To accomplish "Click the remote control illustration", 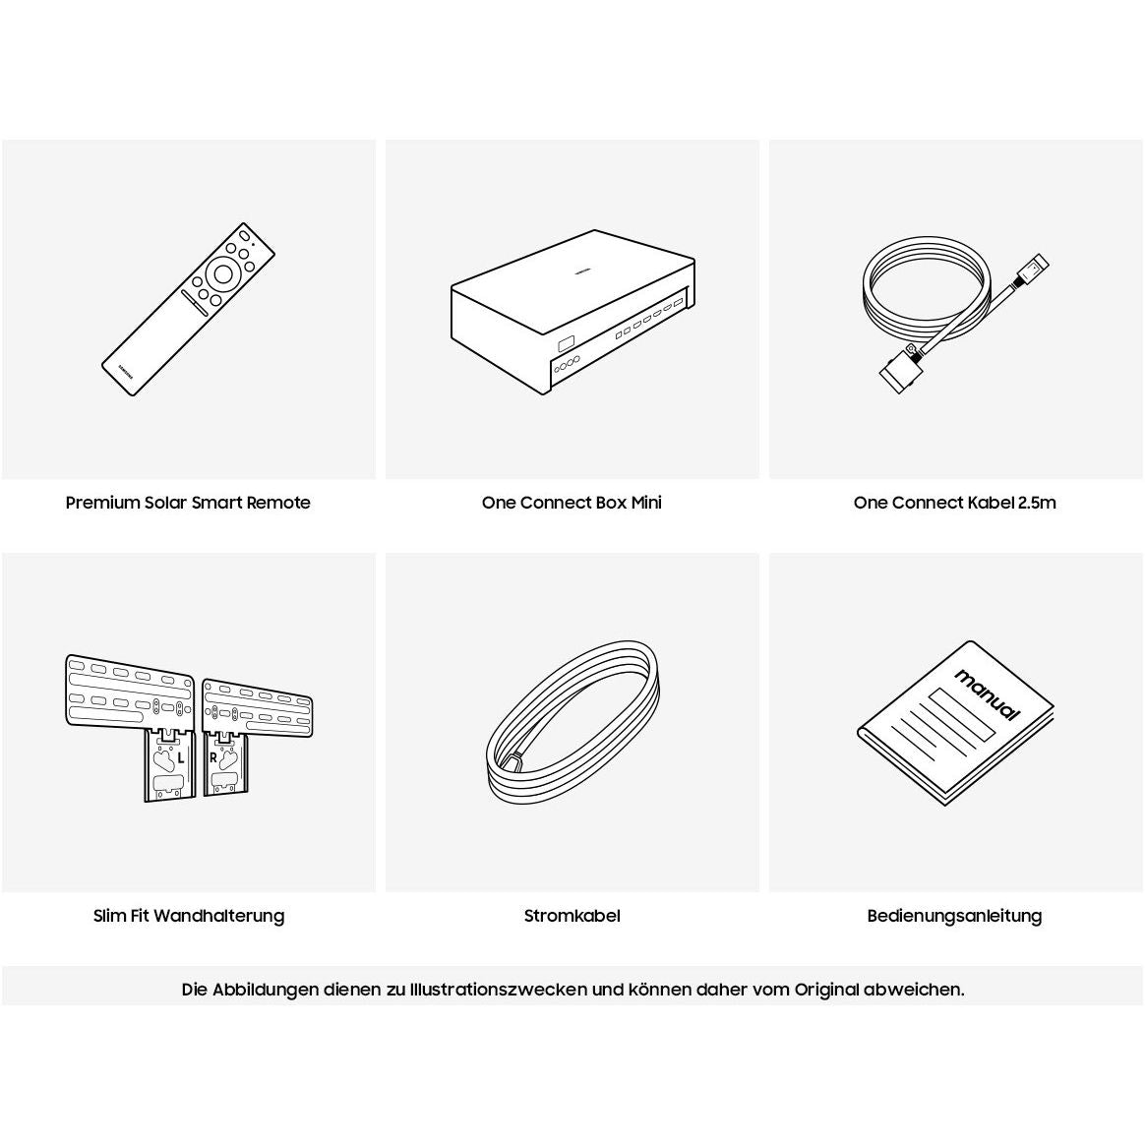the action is pyautogui.click(x=188, y=310).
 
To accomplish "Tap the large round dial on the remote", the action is pyautogui.click(x=222, y=273).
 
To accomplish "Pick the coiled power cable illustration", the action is pyautogui.click(x=573, y=723).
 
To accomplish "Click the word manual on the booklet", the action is pyautogui.click(x=987, y=694).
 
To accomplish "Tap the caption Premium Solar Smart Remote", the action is pyautogui.click(x=188, y=503).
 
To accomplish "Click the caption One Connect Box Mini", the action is pyautogui.click(x=572, y=503).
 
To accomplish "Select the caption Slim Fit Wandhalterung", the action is pyautogui.click(x=189, y=916).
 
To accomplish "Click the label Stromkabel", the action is pyautogui.click(x=572, y=916).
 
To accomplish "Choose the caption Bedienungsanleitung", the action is pyautogui.click(x=954, y=916).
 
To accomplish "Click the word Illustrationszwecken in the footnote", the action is pyautogui.click(x=499, y=990).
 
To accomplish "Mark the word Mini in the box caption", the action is pyautogui.click(x=645, y=503).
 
